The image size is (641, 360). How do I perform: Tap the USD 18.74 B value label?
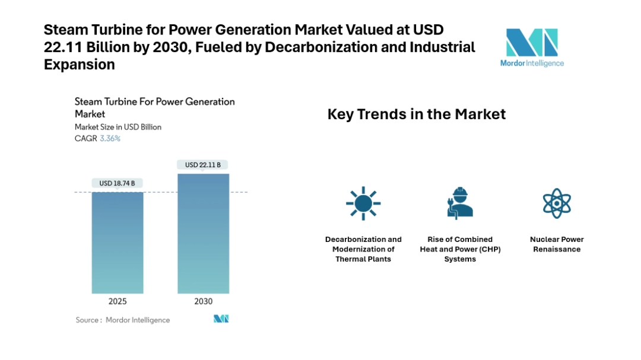tap(118, 183)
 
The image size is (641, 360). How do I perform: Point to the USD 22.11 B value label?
tap(204, 165)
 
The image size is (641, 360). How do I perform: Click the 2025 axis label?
tap(118, 301)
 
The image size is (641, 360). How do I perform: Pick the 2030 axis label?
tap(204, 301)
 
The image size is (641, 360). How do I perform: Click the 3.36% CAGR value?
tap(110, 138)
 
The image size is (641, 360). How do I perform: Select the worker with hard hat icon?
tap(460, 202)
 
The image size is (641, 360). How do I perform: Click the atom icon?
tap(557, 203)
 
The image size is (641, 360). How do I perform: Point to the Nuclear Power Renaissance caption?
tap(557, 244)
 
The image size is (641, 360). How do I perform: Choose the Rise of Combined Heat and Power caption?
tap(460, 249)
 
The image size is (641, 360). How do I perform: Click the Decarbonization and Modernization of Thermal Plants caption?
tap(363, 249)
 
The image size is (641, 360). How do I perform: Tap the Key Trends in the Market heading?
tap(417, 114)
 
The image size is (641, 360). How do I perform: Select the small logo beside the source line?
tap(221, 319)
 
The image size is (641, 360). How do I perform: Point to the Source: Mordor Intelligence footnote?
tap(123, 320)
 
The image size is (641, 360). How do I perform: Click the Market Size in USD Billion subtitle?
tap(118, 127)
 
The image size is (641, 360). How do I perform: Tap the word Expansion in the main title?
tap(80, 65)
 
